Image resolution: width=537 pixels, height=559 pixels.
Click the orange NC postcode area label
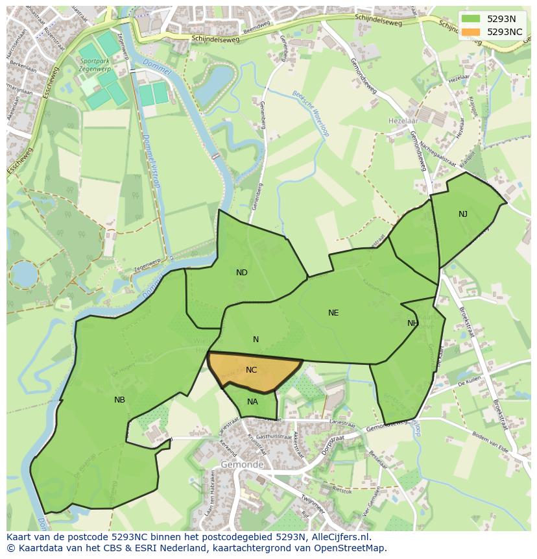click(x=252, y=370)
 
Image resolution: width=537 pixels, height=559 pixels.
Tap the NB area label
click(x=119, y=400)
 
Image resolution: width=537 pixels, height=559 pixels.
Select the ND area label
click(x=242, y=273)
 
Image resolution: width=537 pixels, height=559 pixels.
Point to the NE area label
click(x=333, y=313)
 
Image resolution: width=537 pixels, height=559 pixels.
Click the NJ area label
click(x=463, y=214)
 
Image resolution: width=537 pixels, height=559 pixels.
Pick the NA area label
click(x=252, y=402)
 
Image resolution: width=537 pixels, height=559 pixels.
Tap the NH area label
click(x=412, y=323)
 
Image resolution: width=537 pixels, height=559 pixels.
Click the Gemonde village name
click(x=242, y=465)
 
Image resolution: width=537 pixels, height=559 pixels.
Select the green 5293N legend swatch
click(x=471, y=19)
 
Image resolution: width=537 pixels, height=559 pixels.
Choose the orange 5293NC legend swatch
click(x=471, y=32)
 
